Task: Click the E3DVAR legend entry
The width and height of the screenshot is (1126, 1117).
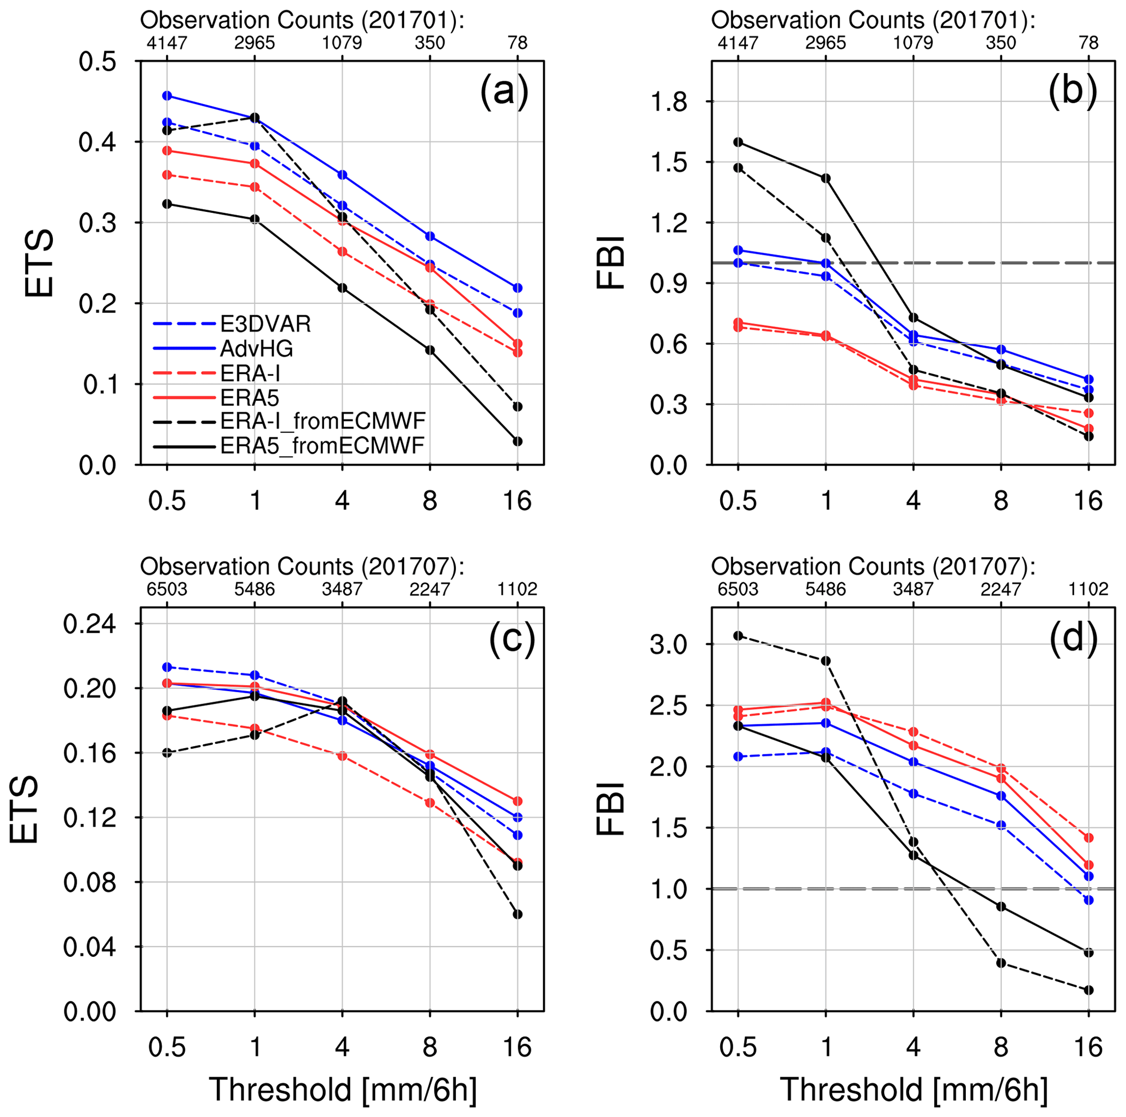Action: click(x=265, y=324)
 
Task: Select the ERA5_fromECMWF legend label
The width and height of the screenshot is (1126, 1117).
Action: click(x=322, y=445)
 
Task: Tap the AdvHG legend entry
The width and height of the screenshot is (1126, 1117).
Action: click(x=257, y=349)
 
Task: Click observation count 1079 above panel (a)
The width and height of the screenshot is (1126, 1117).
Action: click(x=342, y=43)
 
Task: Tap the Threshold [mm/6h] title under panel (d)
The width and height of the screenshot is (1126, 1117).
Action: click(x=913, y=1090)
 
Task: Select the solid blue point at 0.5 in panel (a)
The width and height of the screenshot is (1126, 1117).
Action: click(x=167, y=95)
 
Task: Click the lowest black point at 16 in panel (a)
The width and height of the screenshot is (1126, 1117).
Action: click(x=518, y=441)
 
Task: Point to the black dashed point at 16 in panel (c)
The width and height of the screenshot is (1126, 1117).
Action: click(x=518, y=914)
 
